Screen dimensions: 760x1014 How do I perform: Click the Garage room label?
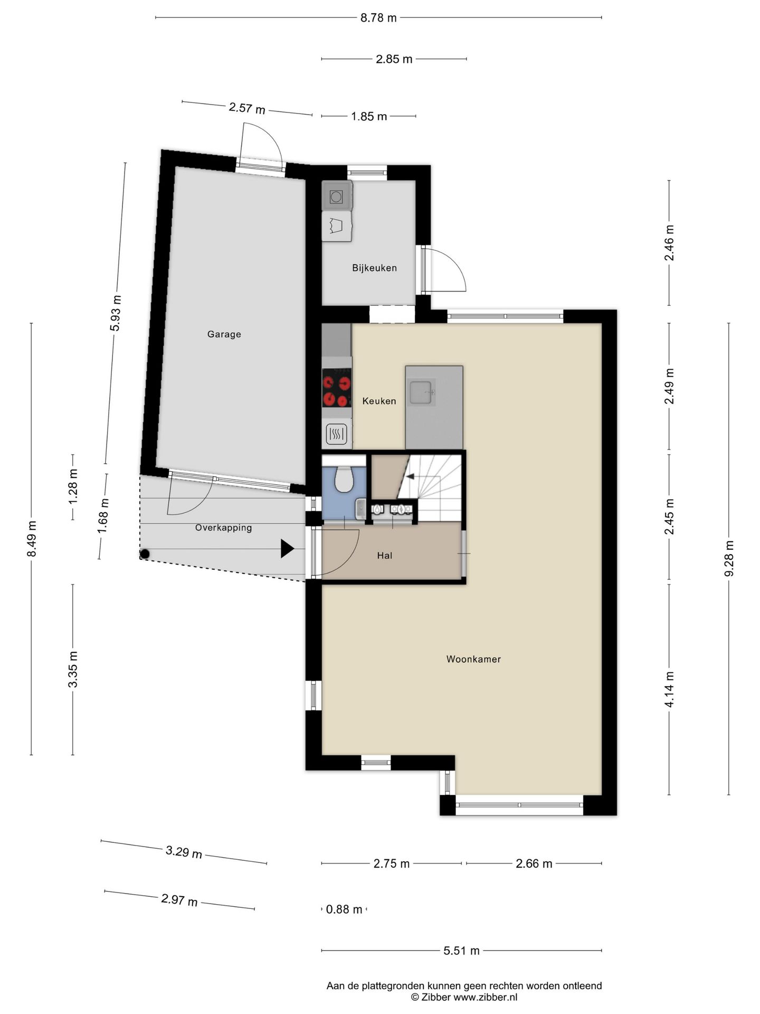point(224,334)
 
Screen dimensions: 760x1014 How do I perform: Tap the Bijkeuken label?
point(374,268)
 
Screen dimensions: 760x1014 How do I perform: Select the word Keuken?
point(379,401)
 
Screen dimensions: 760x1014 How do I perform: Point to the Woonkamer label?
point(473,659)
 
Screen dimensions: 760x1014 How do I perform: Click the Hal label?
point(384,556)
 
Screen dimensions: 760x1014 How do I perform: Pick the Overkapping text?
point(223,528)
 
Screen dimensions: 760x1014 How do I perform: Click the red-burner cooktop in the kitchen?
point(337,388)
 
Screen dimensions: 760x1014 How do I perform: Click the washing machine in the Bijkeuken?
point(337,196)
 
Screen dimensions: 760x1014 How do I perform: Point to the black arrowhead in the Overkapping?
point(287,548)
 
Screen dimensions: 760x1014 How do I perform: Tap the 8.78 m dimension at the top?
point(378,18)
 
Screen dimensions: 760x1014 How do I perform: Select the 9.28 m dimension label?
point(729,559)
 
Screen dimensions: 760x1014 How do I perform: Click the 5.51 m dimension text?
point(461,951)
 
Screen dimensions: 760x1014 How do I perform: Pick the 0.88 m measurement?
point(344,909)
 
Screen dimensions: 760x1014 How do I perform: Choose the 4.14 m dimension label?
point(669,689)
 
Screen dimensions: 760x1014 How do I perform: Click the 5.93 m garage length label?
point(116,313)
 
